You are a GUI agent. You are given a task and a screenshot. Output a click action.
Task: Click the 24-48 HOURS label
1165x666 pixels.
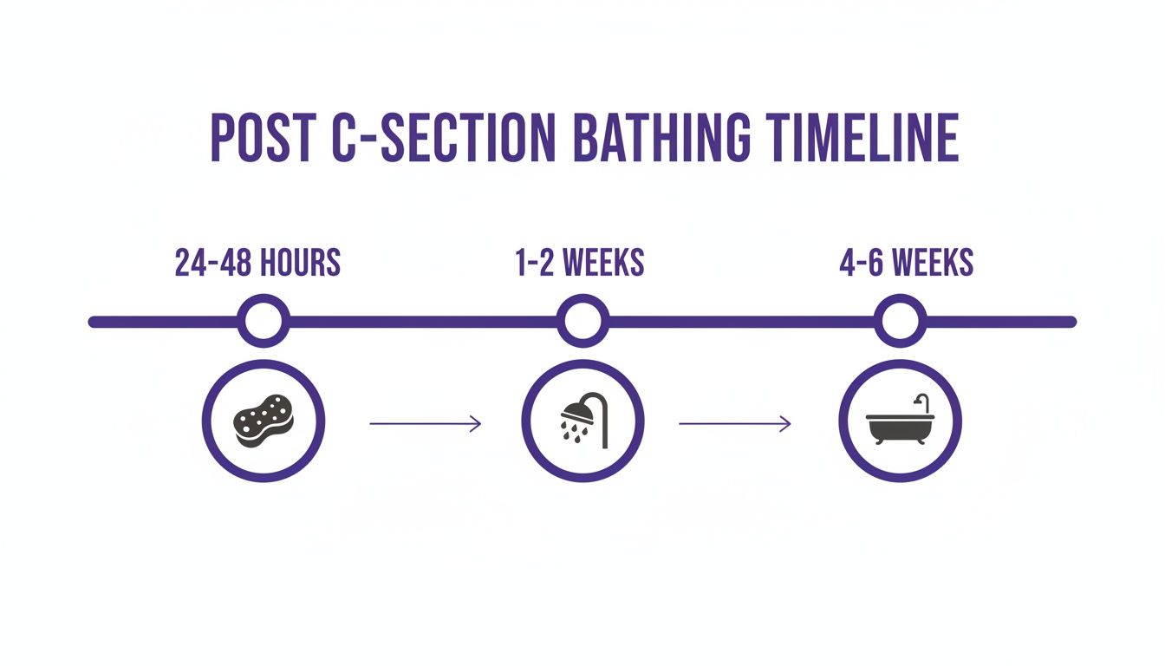click(257, 263)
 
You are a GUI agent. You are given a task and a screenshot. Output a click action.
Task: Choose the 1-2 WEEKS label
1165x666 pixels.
click(580, 263)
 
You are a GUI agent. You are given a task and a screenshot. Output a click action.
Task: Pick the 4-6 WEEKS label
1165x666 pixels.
click(906, 263)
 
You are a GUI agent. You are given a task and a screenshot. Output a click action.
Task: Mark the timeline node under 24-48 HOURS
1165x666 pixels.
click(264, 322)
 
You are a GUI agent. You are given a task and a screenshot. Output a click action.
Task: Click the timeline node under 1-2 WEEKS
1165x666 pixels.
click(582, 322)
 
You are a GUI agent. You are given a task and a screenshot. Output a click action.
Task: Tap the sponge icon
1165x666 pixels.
click(264, 421)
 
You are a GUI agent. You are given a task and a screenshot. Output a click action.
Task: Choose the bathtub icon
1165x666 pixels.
click(901, 422)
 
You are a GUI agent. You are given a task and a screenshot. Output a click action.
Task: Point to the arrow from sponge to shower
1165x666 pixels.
click(425, 424)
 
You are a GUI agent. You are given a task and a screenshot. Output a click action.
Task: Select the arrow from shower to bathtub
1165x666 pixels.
click(734, 424)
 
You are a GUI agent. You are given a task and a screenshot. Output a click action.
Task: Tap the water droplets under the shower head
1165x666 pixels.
click(572, 430)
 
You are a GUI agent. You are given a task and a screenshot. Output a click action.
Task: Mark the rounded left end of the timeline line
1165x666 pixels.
click(94, 322)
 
